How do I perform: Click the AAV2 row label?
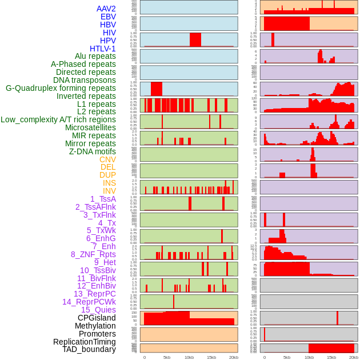106,9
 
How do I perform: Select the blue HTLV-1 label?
103,49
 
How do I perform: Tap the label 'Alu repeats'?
95,56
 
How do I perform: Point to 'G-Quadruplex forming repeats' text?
61,88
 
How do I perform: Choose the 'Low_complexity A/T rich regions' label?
58,119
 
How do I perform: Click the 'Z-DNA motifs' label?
93,151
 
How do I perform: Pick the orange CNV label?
107,159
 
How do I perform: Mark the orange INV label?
109,191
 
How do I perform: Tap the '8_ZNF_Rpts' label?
93,254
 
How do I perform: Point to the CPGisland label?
97,318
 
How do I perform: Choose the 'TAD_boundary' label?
89,349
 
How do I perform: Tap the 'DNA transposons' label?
85,80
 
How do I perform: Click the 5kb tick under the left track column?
167,357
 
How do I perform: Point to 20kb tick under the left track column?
234,357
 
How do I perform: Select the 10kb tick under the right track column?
309,357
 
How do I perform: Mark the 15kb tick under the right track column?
331,357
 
